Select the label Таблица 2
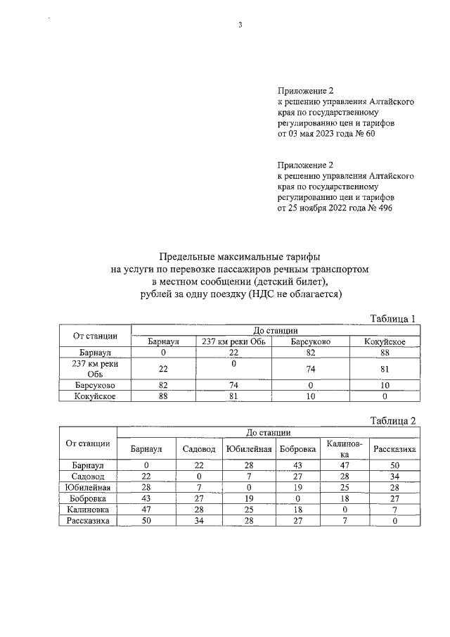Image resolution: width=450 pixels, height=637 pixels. click(393, 421)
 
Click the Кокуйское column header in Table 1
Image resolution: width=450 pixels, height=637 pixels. click(385, 341)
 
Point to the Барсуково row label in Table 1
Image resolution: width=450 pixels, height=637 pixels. click(94, 386)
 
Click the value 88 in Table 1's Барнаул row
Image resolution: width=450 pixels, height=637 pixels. click(385, 352)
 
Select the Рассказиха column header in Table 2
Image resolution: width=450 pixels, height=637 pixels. click(394, 448)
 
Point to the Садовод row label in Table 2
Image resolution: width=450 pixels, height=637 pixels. click(87, 476)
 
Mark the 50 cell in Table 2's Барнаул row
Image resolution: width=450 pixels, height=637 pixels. click(394, 465)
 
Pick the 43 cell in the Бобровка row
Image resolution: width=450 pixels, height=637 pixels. click(147, 497)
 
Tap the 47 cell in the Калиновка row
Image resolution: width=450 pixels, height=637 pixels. click(147, 507)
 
